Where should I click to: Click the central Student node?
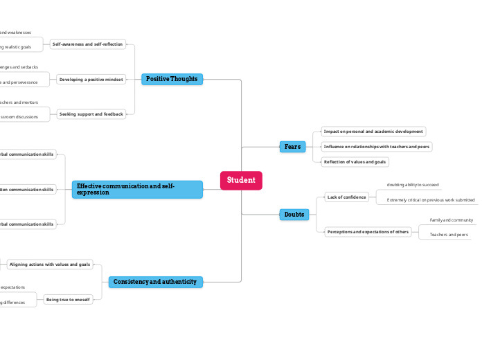(241, 180)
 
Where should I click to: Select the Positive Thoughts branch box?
(172, 79)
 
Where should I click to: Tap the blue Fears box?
(292, 147)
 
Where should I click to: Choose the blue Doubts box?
(294, 215)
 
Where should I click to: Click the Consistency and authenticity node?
(155, 282)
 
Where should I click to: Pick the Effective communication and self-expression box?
(137, 190)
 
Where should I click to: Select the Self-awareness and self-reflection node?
(88, 44)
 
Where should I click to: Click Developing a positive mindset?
(91, 80)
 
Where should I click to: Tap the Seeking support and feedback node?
(91, 114)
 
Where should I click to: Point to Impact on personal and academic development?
(373, 131)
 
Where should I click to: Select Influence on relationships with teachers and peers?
(377, 147)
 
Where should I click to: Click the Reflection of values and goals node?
(355, 162)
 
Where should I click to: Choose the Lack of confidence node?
(347, 197)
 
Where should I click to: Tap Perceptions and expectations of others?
(368, 232)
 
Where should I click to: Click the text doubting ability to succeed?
(413, 185)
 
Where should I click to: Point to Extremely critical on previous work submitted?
(431, 200)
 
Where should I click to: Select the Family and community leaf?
(451, 220)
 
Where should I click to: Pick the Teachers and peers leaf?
(449, 235)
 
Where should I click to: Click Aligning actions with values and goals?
(50, 264)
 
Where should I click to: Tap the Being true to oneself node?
(68, 299)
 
